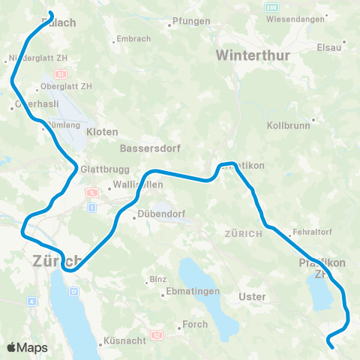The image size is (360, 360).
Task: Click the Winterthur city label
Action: click(x=250, y=55)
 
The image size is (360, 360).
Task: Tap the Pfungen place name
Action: click(x=191, y=22)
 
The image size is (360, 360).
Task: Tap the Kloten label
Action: click(x=102, y=131)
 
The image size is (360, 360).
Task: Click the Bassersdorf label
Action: click(x=147, y=147)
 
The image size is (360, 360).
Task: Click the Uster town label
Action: click(x=251, y=296)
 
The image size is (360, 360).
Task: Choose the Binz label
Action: click(x=157, y=279)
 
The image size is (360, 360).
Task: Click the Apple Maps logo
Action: click(x=27, y=347)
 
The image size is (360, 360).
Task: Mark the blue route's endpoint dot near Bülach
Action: click(x=50, y=13)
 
